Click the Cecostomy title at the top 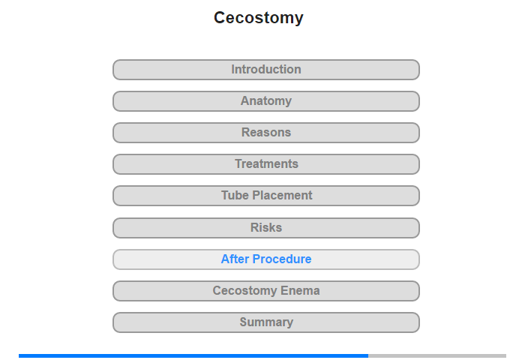tap(259, 18)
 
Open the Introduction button tap(266, 70)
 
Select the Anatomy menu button tap(266, 101)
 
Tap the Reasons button tap(266, 133)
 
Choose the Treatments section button tap(266, 164)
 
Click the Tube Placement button tap(266, 196)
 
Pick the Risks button tap(266, 228)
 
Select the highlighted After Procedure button tap(266, 259)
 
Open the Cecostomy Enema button tap(266, 291)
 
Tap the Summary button tap(266, 322)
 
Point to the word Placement tap(282, 195)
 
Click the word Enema tap(300, 291)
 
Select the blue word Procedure tap(282, 259)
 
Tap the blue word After tap(235, 259)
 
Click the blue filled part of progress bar tap(193, 355)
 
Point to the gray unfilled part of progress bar tap(437, 355)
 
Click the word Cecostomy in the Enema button tap(244, 291)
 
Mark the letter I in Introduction tap(233, 69)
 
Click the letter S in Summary tap(244, 322)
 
